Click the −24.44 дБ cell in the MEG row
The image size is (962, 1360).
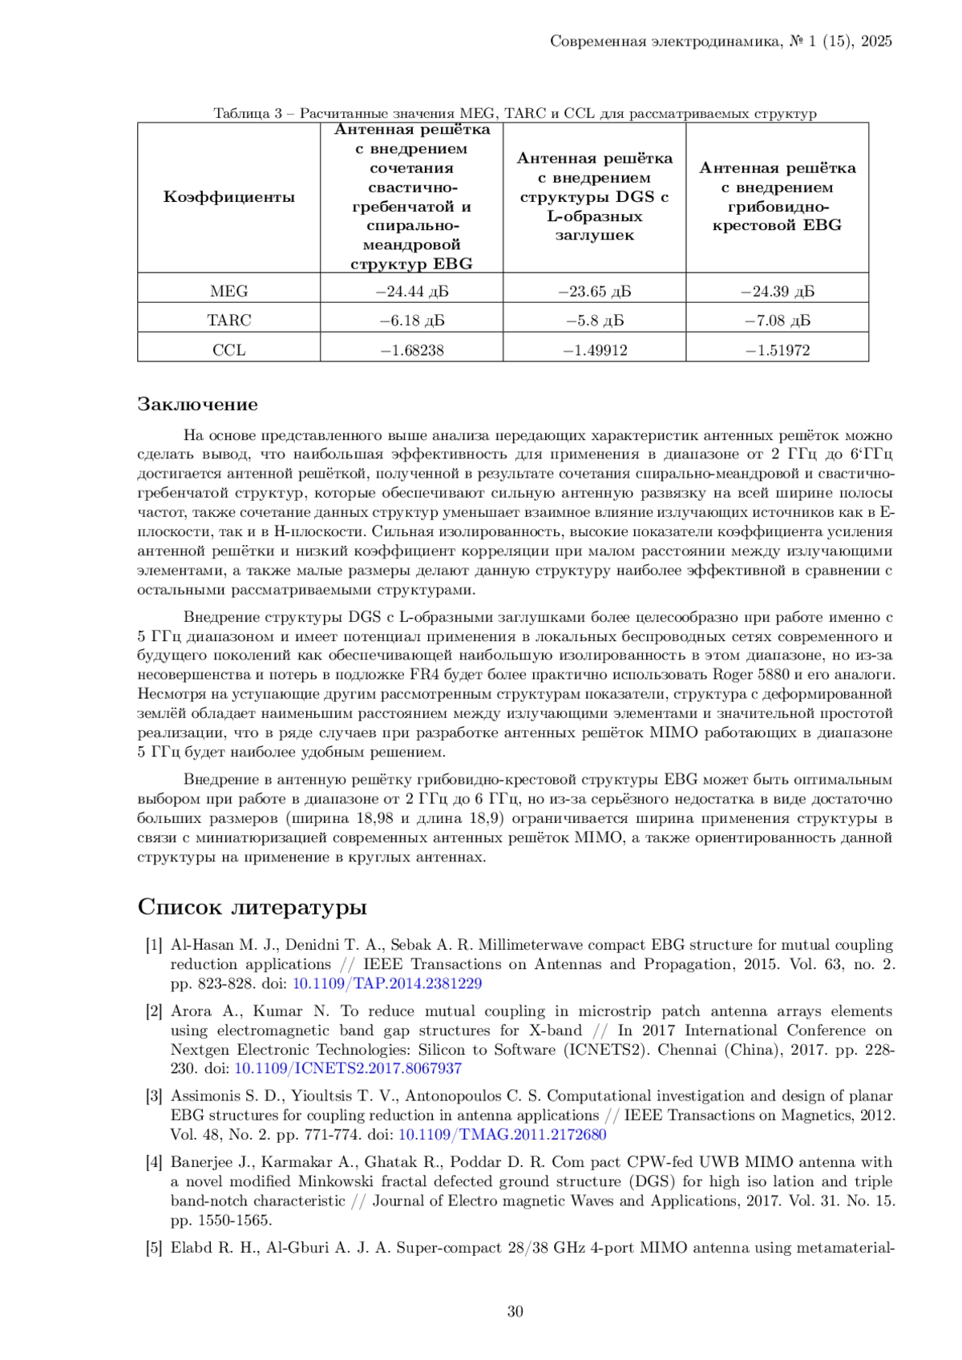[411, 291]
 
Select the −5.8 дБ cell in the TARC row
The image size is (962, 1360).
[594, 321]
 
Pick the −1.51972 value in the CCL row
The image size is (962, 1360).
[777, 350]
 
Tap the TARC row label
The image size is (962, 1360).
[229, 321]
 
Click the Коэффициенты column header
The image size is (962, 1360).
[229, 197]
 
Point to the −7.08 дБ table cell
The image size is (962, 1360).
[777, 321]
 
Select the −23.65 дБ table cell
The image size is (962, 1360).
[594, 291]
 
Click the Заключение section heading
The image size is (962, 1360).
[197, 404]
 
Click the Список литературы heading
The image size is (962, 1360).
[253, 907]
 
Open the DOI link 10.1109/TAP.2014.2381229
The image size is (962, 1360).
[386, 983]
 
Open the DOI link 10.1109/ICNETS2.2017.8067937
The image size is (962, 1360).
[347, 1068]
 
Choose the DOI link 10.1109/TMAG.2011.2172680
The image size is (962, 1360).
[502, 1135]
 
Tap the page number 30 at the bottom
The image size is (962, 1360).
[515, 1312]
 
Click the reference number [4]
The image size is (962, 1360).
[154, 1162]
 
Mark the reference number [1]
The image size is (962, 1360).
[154, 946]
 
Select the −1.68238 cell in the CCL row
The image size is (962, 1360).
[411, 350]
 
